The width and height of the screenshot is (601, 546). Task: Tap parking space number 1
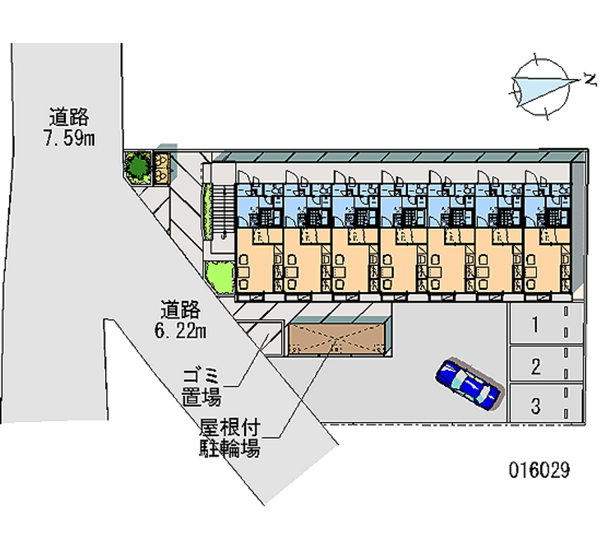click(536, 325)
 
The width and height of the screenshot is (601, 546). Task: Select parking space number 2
click(536, 367)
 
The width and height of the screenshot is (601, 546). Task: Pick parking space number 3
click(536, 407)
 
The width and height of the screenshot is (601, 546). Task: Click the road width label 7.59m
click(68, 128)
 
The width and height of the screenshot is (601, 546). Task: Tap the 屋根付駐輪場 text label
click(230, 439)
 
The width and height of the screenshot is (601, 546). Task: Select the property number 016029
click(539, 471)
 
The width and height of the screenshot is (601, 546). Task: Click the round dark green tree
click(137, 166)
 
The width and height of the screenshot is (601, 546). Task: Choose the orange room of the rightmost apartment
click(545, 263)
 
